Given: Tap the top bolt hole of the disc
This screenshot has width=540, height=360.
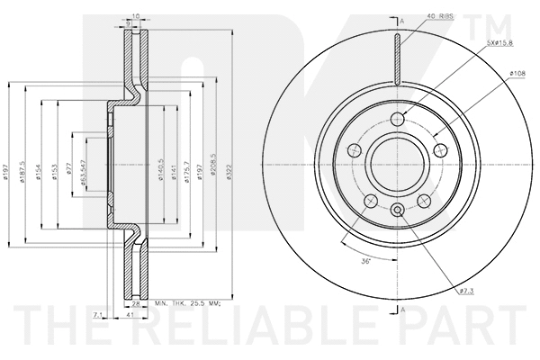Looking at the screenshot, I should click(398, 119).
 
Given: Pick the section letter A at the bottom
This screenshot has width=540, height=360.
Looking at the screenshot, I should click(402, 309).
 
